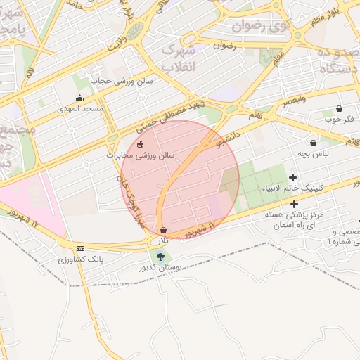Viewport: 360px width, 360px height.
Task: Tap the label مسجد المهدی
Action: (x=84, y=109)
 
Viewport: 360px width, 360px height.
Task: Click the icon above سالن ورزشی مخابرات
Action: (x=140, y=145)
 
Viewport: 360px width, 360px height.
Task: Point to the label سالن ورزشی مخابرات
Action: (x=140, y=155)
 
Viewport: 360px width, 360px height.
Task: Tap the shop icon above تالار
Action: (x=164, y=230)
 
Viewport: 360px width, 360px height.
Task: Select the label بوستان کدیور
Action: (x=162, y=268)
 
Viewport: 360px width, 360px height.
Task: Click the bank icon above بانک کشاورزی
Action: (x=79, y=249)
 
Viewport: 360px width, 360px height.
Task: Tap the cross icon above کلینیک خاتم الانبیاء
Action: (x=293, y=177)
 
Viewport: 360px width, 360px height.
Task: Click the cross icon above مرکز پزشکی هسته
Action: (x=293, y=203)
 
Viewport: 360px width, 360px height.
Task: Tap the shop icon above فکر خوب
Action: (x=340, y=108)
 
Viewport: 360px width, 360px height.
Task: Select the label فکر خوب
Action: (x=340, y=119)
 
